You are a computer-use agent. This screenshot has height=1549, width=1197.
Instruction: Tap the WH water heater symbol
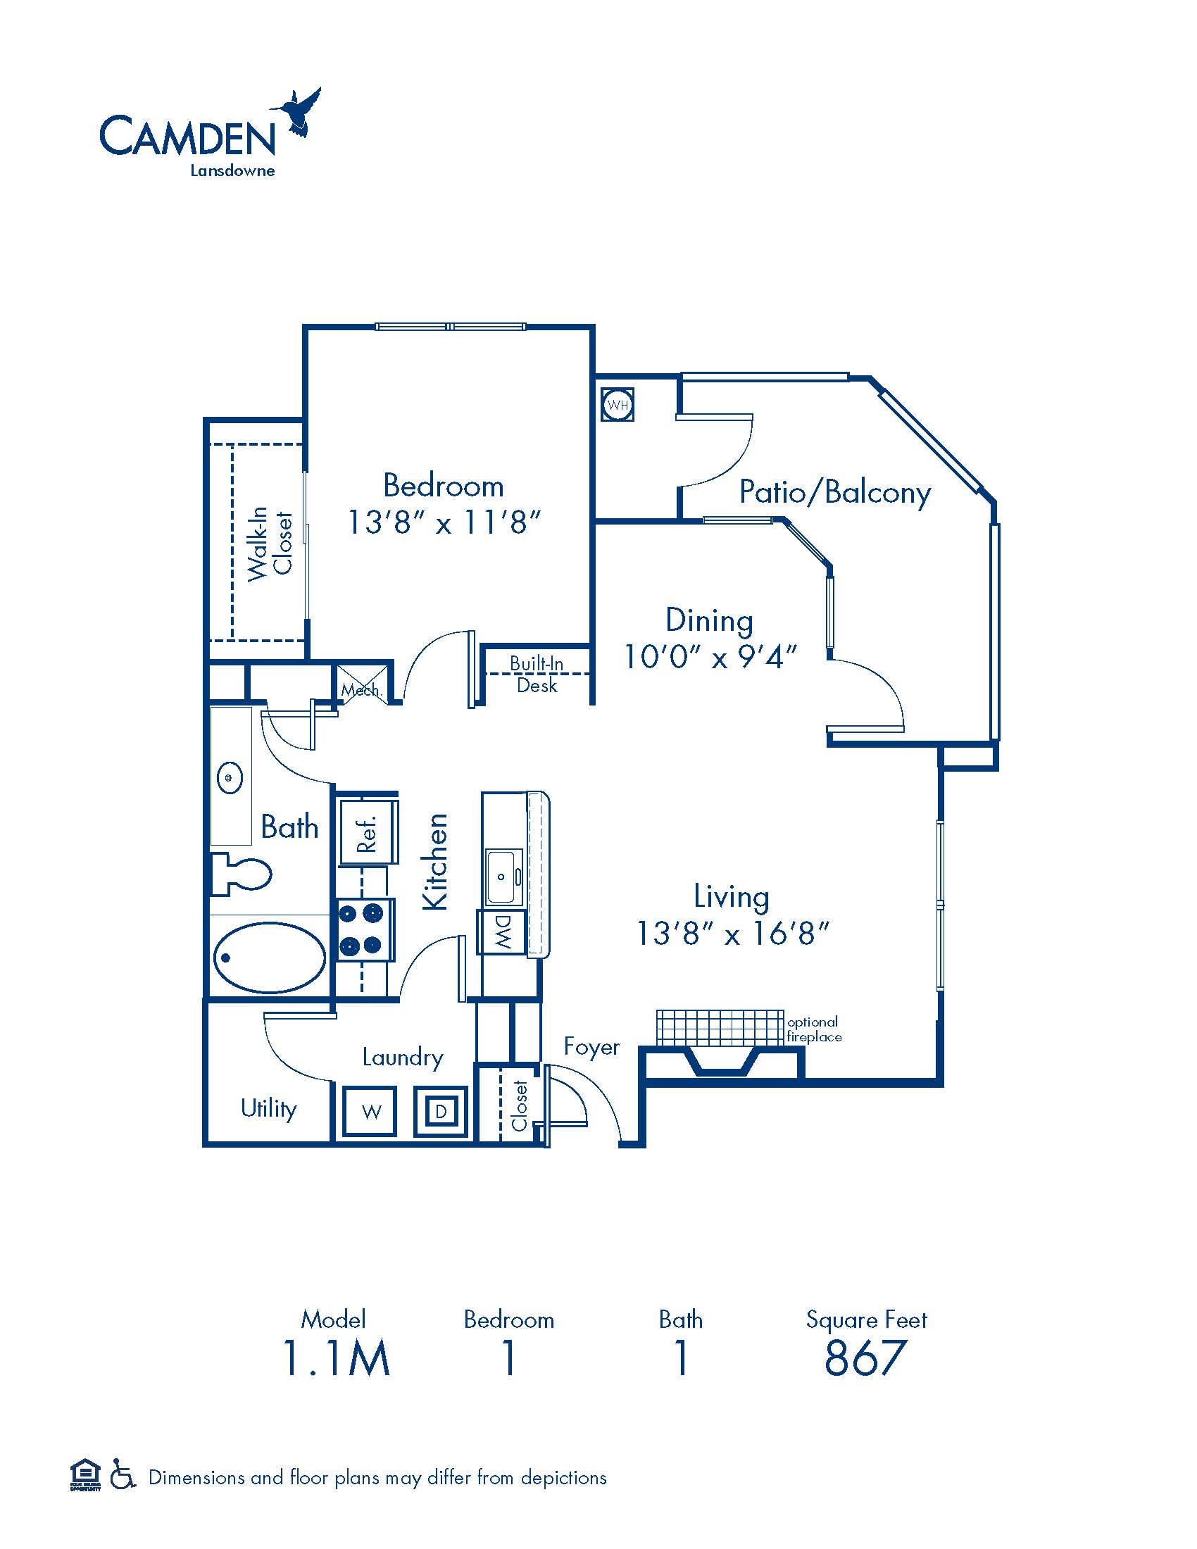pyautogui.click(x=618, y=406)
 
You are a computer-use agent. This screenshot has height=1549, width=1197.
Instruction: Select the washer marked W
pyautogui.click(x=371, y=1110)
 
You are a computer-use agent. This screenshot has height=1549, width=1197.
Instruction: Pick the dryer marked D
pyautogui.click(x=441, y=1110)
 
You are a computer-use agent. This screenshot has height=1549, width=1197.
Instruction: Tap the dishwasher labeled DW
pyautogui.click(x=501, y=932)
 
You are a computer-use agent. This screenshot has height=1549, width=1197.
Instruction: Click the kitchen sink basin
pyautogui.click(x=504, y=877)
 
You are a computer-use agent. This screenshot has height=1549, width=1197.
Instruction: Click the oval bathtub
pyautogui.click(x=270, y=957)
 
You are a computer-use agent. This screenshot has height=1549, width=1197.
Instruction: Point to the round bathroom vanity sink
pyautogui.click(x=229, y=778)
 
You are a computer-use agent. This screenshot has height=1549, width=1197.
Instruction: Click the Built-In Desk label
pyautogui.click(x=537, y=674)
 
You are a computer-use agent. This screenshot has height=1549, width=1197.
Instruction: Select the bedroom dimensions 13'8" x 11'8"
pyautogui.click(x=444, y=522)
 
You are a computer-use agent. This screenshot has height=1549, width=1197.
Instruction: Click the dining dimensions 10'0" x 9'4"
pyautogui.click(x=710, y=657)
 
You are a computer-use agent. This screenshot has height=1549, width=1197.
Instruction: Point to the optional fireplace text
pyautogui.click(x=814, y=1029)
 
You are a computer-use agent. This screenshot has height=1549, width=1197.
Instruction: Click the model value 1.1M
pyautogui.click(x=336, y=1357)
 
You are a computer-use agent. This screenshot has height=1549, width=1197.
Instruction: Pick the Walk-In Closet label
pyautogui.click(x=270, y=543)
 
